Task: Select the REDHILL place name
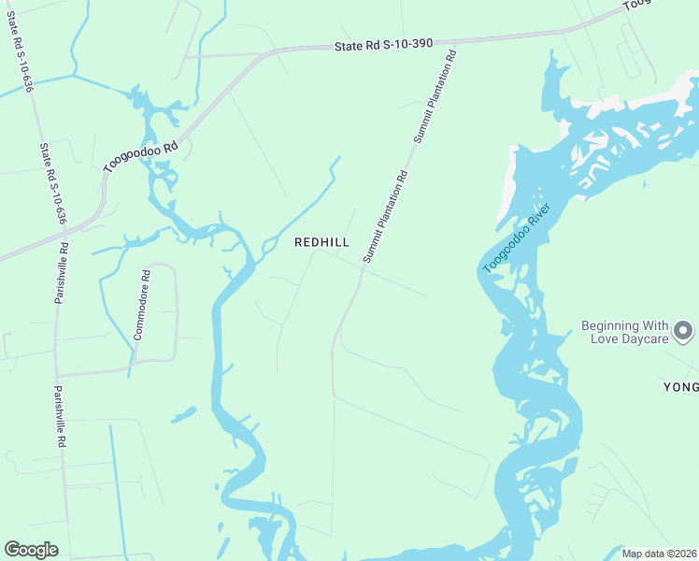click(321, 242)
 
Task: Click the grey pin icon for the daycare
click(684, 331)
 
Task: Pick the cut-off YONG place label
click(681, 387)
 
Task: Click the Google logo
click(30, 550)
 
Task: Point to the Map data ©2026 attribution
click(659, 554)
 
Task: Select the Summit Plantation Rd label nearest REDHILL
click(385, 216)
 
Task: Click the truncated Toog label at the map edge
click(637, 5)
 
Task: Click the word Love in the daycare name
click(606, 338)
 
